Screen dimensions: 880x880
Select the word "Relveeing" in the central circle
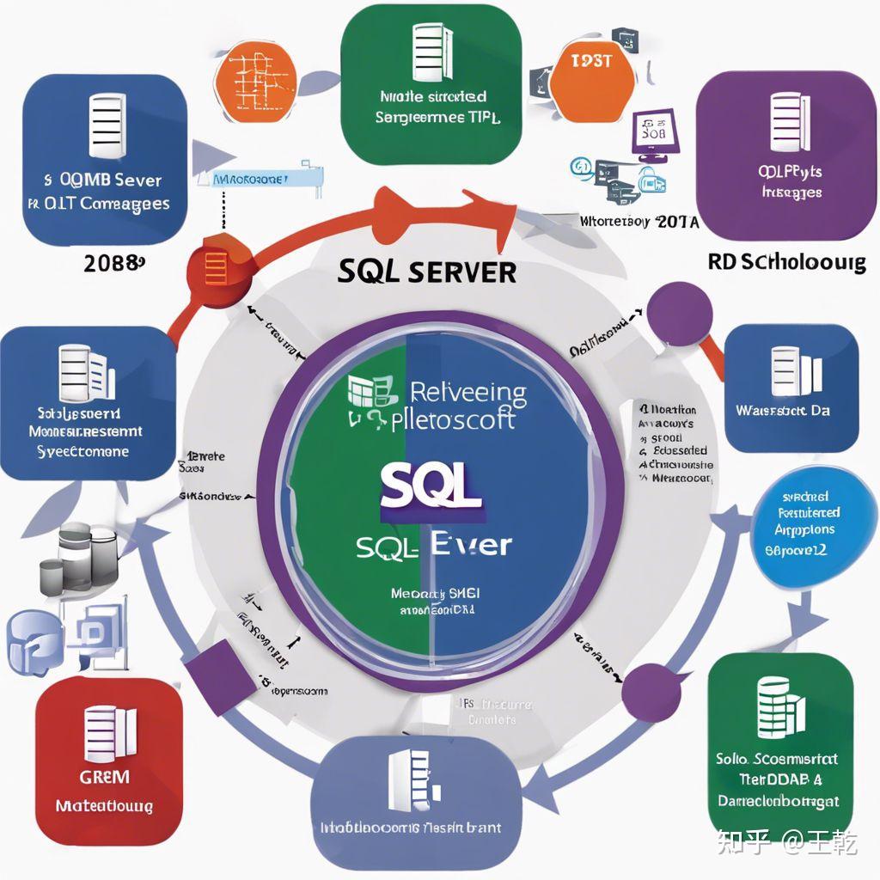coord(468,394)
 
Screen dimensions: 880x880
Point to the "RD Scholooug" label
coord(786,261)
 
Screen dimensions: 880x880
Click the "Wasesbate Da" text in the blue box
coord(782,410)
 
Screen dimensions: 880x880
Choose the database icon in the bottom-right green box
coord(779,710)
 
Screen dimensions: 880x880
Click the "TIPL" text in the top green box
coord(482,117)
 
